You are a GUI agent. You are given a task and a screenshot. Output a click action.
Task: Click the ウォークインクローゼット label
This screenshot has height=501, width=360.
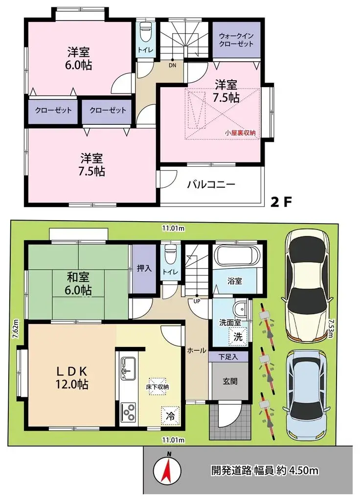236,40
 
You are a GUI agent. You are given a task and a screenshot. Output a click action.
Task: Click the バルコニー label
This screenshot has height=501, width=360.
211,185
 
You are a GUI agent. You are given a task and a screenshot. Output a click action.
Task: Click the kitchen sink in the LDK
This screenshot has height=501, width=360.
128,368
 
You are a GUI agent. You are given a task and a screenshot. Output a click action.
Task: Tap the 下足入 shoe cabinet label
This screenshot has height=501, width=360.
228,357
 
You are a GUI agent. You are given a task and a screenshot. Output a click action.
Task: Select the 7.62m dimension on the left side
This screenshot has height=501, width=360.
16,328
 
